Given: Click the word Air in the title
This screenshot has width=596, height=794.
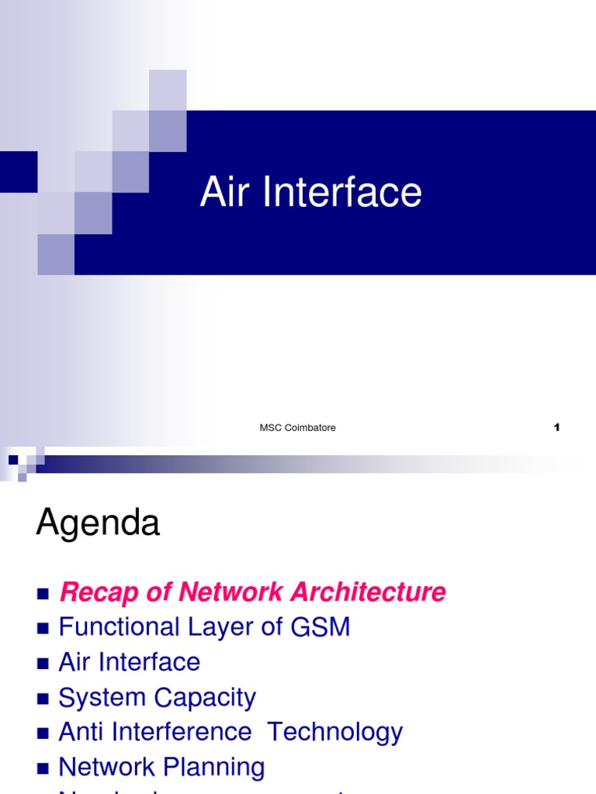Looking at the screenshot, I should [x=226, y=192].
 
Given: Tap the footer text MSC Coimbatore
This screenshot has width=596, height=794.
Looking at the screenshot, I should [x=297, y=428].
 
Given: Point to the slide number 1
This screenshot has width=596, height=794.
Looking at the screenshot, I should [x=556, y=427].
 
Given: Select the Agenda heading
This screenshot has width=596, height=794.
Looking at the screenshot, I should [x=98, y=524].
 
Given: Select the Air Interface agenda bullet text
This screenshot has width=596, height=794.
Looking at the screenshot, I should [x=130, y=662].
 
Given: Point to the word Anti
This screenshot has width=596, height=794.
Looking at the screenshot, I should [x=81, y=732].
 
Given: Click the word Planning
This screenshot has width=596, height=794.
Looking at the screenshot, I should [x=213, y=768].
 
